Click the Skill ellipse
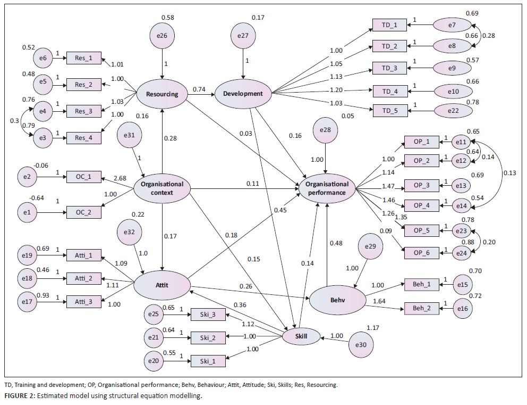click(x=302, y=336)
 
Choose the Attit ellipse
click(x=162, y=285)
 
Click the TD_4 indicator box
click(x=390, y=90)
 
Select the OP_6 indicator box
click(x=422, y=252)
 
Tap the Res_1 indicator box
click(x=84, y=57)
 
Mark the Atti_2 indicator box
click(x=84, y=278)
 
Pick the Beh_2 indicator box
click(x=422, y=308)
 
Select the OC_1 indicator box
click(x=84, y=177)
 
